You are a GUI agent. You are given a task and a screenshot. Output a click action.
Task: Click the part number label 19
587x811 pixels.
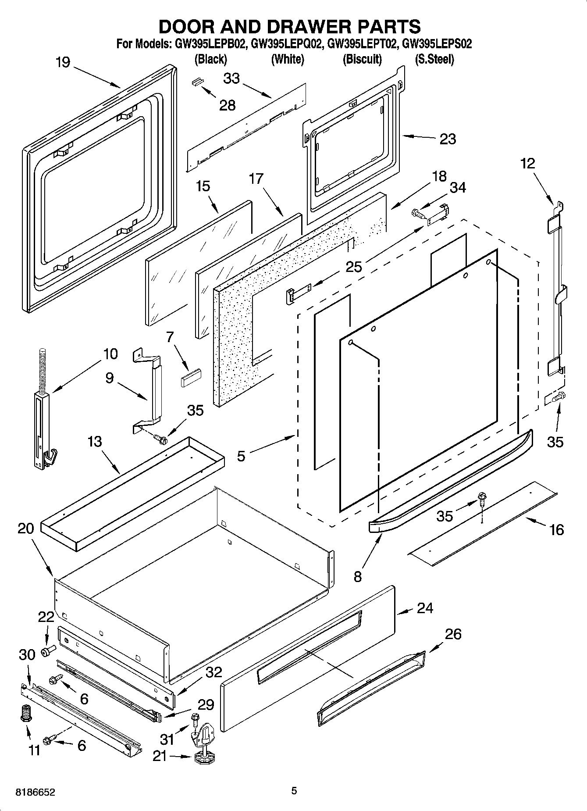(63, 62)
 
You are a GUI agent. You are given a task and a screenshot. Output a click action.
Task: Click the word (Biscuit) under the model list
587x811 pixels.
(362, 59)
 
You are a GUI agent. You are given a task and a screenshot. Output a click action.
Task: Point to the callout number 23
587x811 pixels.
(448, 139)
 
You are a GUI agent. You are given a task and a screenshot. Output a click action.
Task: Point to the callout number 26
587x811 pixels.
(453, 634)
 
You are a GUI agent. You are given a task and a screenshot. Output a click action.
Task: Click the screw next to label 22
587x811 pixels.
(47, 651)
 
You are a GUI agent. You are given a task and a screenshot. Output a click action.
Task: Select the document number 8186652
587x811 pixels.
(36, 793)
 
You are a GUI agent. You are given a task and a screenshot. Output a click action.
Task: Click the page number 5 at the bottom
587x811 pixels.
(294, 790)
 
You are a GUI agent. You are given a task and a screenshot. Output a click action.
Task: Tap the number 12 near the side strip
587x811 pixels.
(528, 164)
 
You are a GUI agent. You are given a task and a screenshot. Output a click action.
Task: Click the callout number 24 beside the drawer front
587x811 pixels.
(425, 608)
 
